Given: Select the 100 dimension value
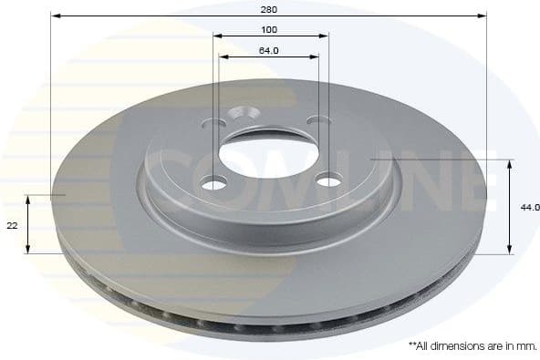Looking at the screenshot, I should (x=269, y=29).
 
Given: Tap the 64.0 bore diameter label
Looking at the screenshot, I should (x=269, y=49).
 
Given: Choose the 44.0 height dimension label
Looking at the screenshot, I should (x=529, y=208).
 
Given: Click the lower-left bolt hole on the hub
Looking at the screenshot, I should (x=213, y=184).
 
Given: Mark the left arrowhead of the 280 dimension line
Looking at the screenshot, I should (x=55, y=16).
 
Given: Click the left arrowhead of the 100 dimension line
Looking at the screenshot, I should (x=217, y=36).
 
